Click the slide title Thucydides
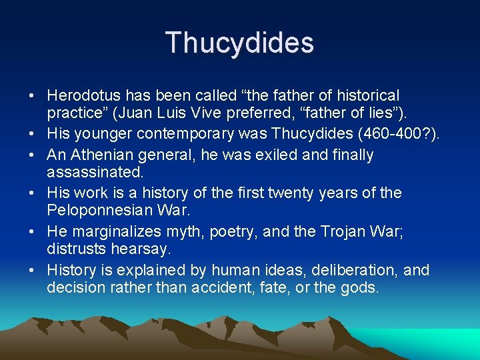coord(239,43)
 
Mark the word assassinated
coord(95,173)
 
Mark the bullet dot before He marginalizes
coord(34,232)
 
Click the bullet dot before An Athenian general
coord(34,156)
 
